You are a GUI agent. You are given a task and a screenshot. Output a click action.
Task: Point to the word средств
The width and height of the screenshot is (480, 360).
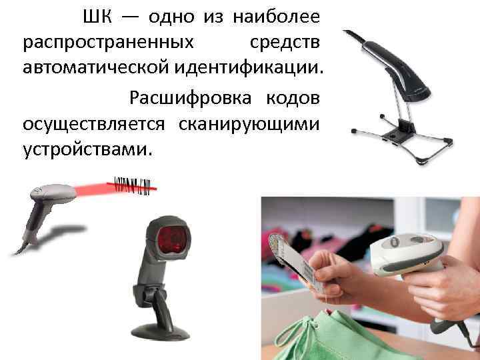[x=285, y=42]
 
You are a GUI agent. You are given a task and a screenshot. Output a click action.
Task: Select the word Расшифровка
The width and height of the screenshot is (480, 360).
[x=191, y=98]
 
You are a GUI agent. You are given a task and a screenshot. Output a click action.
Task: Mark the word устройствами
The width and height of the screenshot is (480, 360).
[x=87, y=150]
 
